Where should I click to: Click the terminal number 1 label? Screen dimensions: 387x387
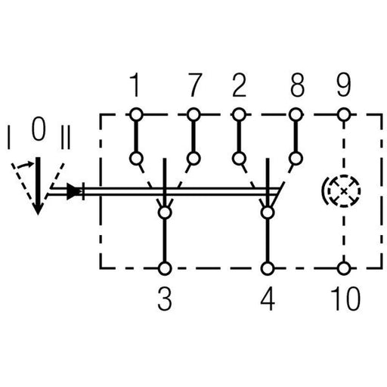(135, 85)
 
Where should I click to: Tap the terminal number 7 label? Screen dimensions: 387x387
(194, 85)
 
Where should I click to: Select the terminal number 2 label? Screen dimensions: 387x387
(239, 85)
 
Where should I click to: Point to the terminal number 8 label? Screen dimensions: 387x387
(297, 85)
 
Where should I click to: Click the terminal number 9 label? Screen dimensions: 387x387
(344, 85)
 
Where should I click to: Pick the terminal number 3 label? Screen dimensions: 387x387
(165, 299)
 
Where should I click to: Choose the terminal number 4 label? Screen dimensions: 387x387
(268, 299)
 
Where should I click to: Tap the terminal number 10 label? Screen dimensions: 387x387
(345, 299)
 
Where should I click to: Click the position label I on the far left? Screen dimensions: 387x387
(9, 138)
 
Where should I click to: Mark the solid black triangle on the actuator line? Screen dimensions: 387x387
(73, 191)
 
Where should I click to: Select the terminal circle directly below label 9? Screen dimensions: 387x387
(344, 115)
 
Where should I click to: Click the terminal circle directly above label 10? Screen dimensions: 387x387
(344, 268)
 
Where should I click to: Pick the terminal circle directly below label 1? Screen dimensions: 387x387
(136, 115)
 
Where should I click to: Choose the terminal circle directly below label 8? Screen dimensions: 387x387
(296, 115)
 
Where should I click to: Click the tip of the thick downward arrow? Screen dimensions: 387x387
(38, 215)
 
